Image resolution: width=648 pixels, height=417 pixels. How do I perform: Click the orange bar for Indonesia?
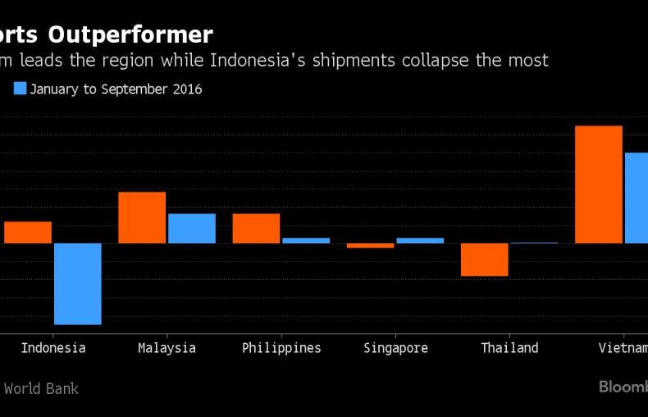[x=28, y=232]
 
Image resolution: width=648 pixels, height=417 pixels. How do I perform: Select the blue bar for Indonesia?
[x=78, y=283]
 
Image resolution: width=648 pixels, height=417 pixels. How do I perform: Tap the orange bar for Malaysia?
[x=142, y=218]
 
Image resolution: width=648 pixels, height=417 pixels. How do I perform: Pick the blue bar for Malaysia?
[x=192, y=228]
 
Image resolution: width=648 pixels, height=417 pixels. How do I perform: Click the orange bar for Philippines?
[x=256, y=228]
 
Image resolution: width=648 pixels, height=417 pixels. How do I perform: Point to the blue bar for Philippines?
[x=306, y=241]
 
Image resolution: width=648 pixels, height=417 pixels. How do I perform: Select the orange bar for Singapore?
[x=370, y=245]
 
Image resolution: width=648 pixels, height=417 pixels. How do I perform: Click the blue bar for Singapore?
[x=420, y=241]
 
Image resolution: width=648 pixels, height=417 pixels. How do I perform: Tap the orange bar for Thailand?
[x=484, y=259]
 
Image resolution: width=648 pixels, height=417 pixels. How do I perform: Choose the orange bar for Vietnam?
[x=599, y=185]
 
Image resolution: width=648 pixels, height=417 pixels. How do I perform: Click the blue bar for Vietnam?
[x=637, y=198]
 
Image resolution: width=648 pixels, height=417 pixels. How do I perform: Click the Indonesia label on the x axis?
[x=53, y=348]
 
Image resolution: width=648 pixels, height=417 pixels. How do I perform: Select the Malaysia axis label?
[x=167, y=348]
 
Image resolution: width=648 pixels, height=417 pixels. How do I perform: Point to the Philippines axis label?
[x=281, y=348]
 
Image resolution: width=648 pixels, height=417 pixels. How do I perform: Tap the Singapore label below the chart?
[x=395, y=348]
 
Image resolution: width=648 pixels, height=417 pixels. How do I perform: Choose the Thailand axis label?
[x=509, y=348]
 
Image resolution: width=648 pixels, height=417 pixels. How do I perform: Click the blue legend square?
[x=21, y=89]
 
